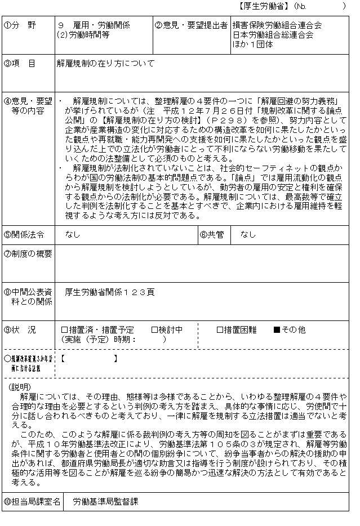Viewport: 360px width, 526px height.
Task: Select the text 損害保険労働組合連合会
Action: pyautogui.click(x=277, y=25)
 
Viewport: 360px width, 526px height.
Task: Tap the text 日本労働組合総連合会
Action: pyautogui.click(x=273, y=35)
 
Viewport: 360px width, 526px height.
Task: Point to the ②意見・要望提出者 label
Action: pyautogui.click(x=192, y=25)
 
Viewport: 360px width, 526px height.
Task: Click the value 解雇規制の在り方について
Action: pyautogui.click(x=106, y=64)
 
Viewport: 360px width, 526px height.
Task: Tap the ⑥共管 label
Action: pyautogui.click(x=212, y=234)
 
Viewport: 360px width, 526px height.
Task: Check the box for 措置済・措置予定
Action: pyautogui.click(x=64, y=330)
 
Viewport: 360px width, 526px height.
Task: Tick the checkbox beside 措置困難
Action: pyautogui.click(x=220, y=330)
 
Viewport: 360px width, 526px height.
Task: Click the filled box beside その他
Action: pyautogui.click(x=277, y=330)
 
